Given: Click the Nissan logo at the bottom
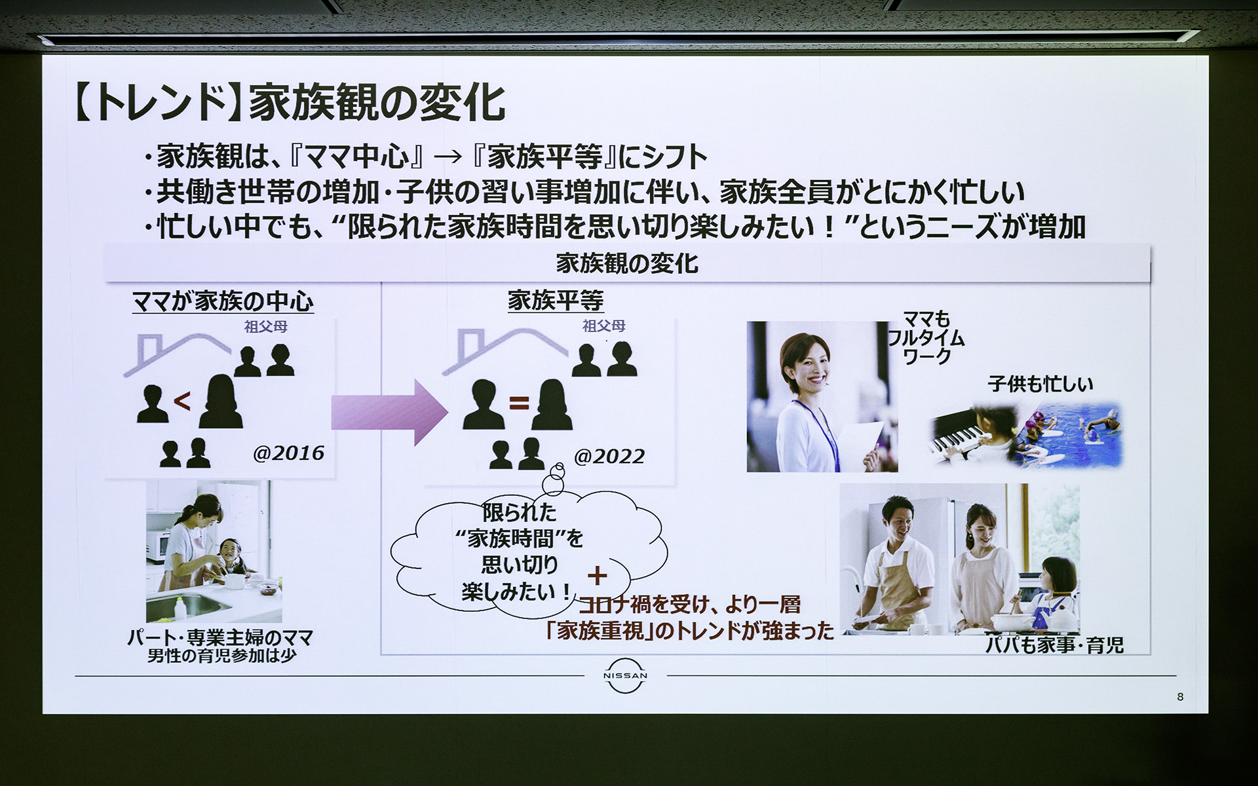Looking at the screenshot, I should point(625,675).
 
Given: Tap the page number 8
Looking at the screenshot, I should point(1180,697).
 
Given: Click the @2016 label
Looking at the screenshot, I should point(288,453).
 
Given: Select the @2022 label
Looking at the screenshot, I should point(609,457).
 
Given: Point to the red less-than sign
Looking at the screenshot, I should point(182,400).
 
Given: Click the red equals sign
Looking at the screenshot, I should point(518,403).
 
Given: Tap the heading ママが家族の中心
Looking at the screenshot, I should point(223,301).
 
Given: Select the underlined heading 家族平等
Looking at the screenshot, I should point(555,301).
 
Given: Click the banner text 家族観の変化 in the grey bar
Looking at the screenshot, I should point(626,263).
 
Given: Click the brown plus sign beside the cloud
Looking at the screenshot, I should point(597,575).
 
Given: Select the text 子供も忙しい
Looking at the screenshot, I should point(1040,383).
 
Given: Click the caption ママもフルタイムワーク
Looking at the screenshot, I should point(926,338).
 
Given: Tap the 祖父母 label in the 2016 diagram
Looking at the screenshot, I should point(266,326).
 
